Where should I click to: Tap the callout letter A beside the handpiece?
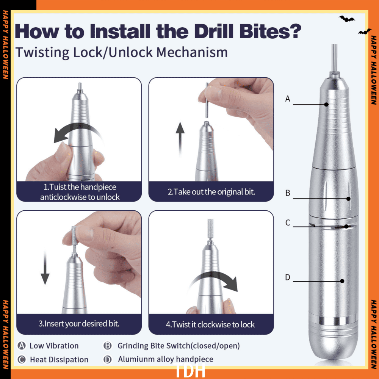pyautogui.click(x=287, y=99)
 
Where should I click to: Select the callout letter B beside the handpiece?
pyautogui.click(x=287, y=193)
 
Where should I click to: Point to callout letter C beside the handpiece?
pyautogui.click(x=287, y=222)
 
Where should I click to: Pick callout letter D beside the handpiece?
pyautogui.click(x=287, y=277)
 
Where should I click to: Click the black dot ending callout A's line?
pyautogui.click(x=326, y=105)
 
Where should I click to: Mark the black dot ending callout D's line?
pyautogui.click(x=342, y=281)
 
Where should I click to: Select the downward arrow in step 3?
pyautogui.click(x=45, y=267)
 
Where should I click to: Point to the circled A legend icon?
pyautogui.click(x=22, y=346)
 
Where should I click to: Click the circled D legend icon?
pyautogui.click(x=108, y=359)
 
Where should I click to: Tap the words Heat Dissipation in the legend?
pyautogui.click(x=59, y=359)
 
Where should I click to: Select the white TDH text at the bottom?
pyautogui.click(x=189, y=370)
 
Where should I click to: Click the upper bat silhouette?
pyautogui.click(x=347, y=19)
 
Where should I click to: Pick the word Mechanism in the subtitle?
pyautogui.click(x=192, y=52)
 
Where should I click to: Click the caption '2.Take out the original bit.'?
pyautogui.click(x=211, y=192)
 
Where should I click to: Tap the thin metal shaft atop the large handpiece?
pyautogui.click(x=334, y=58)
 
